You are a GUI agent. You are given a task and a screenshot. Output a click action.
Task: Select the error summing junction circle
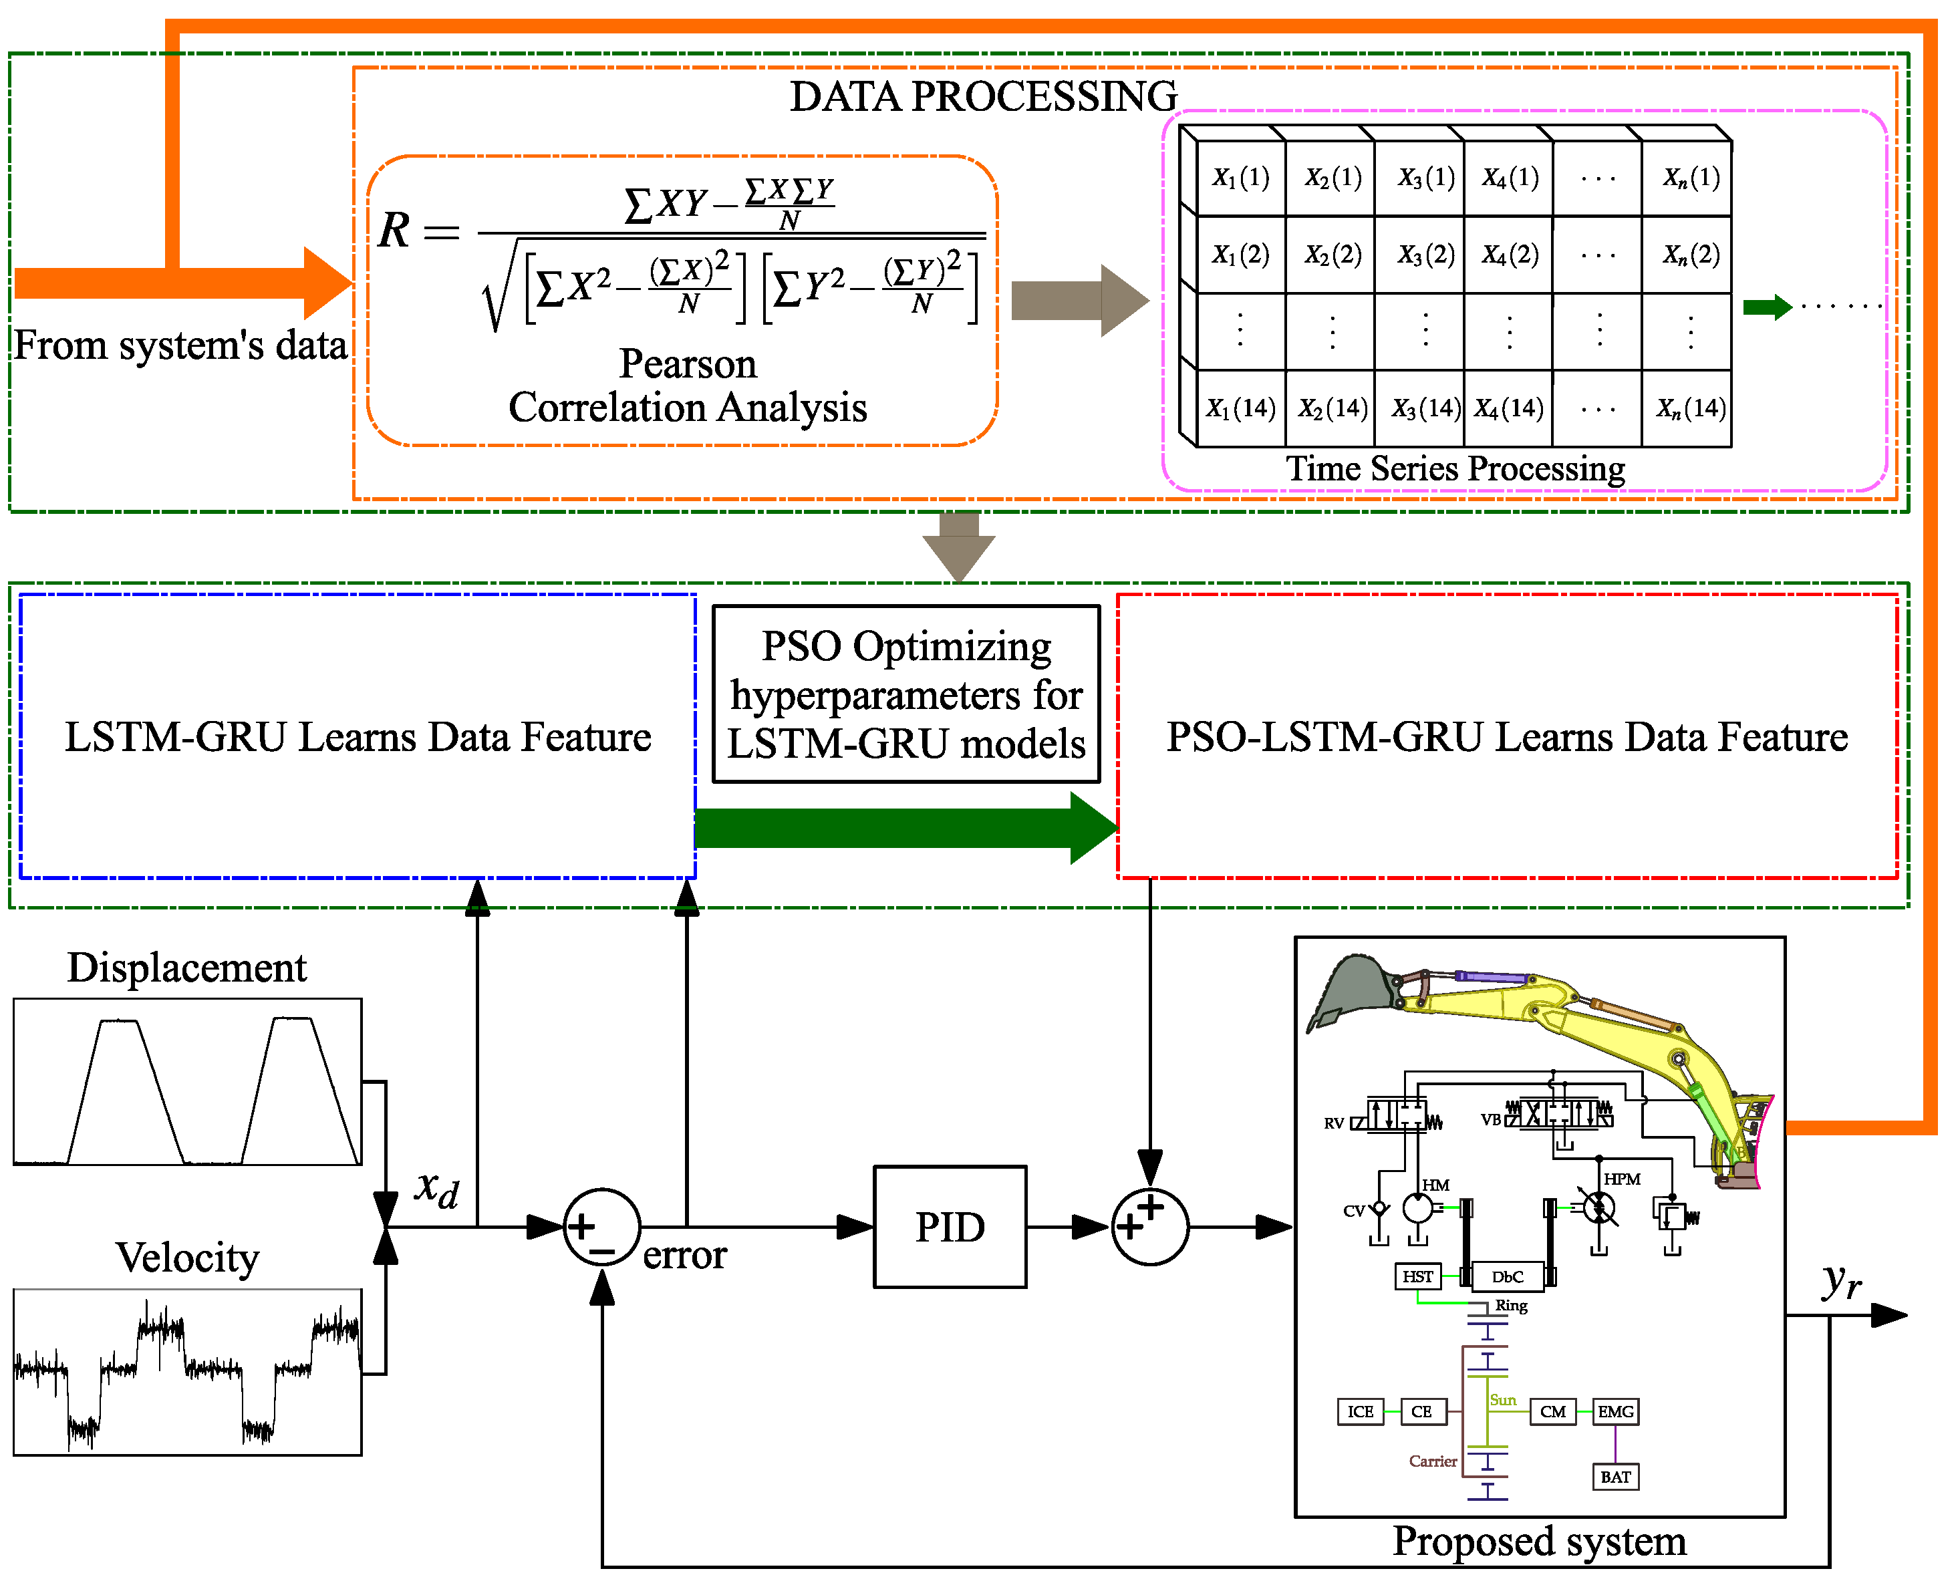click(x=601, y=1227)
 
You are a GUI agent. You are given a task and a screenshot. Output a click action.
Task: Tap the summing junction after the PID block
click(x=1149, y=1227)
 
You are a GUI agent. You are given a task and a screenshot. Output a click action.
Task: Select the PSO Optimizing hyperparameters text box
click(x=906, y=694)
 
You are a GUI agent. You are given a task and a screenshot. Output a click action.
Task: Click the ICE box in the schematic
click(x=1360, y=1411)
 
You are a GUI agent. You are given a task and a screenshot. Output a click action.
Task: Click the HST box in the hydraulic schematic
click(x=1417, y=1276)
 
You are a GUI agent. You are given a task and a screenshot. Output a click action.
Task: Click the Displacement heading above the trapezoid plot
click(x=186, y=967)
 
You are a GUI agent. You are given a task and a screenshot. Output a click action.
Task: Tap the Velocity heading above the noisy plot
click(x=186, y=1258)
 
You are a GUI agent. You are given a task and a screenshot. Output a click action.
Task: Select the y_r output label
click(x=1840, y=1282)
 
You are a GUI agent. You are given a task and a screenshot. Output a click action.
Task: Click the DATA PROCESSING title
click(x=983, y=96)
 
